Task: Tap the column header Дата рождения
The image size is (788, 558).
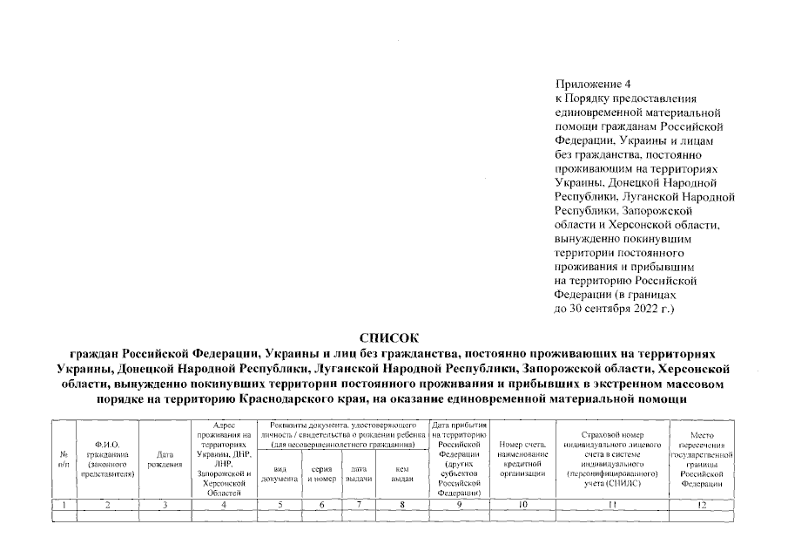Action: [165, 459]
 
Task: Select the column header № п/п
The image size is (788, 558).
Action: [64, 459]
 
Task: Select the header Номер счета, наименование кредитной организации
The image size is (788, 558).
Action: [522, 459]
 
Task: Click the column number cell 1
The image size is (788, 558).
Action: [64, 504]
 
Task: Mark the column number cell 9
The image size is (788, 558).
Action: [461, 504]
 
